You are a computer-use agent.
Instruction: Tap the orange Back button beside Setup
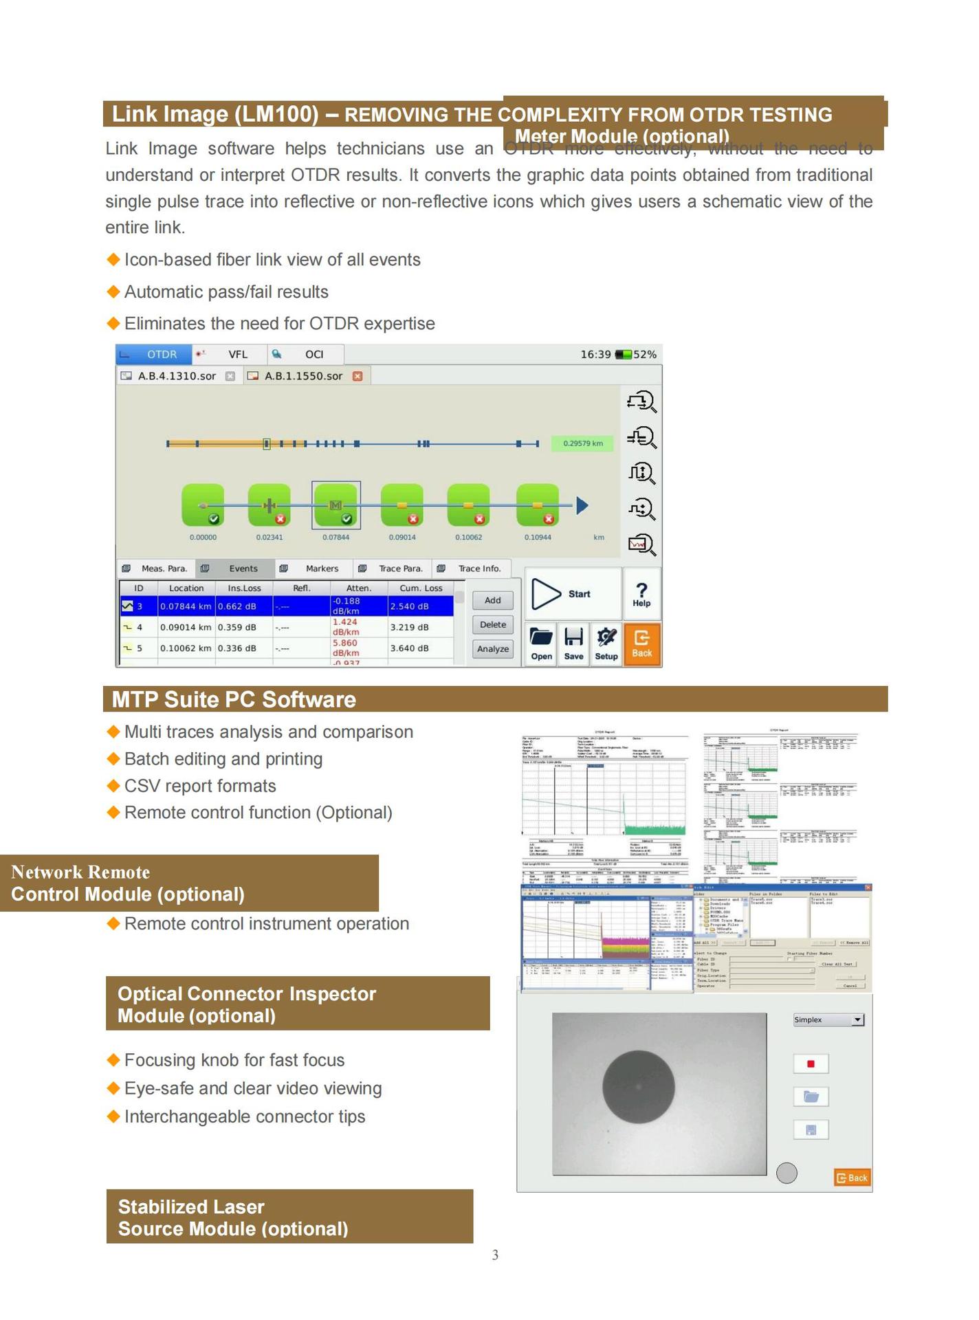(641, 643)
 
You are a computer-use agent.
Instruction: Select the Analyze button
(493, 648)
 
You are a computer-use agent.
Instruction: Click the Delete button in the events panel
(493, 624)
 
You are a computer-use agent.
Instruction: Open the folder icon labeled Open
(541, 643)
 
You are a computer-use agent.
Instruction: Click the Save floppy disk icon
(573, 643)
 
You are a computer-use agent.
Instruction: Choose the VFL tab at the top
(237, 354)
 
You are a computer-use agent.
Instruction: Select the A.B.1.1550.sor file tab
(303, 376)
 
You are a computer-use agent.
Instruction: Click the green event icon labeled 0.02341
(269, 505)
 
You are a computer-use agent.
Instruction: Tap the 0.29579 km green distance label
(582, 443)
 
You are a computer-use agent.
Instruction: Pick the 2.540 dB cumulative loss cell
(410, 606)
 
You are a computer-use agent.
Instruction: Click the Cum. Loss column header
(421, 588)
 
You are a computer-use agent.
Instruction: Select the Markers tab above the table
(321, 569)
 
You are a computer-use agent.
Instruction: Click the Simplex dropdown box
(828, 1020)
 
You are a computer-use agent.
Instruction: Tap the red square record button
(811, 1064)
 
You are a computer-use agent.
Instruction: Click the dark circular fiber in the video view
(638, 1087)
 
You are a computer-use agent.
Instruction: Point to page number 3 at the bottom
(495, 1255)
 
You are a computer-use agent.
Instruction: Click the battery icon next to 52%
(624, 354)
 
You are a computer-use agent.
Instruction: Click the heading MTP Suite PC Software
(234, 699)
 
